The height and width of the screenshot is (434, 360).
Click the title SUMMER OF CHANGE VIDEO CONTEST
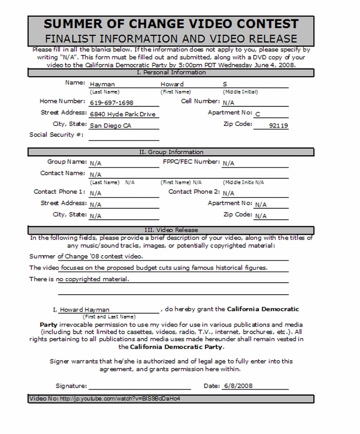pyautogui.click(x=171, y=23)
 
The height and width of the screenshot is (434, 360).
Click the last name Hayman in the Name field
pyautogui.click(x=102, y=84)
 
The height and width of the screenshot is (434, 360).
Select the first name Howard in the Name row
pyautogui.click(x=172, y=84)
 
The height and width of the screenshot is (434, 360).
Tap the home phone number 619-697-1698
pyautogui.click(x=111, y=103)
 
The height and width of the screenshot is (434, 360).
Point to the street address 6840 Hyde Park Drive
pyautogui.click(x=123, y=114)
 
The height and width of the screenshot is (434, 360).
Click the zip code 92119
pyautogui.click(x=278, y=126)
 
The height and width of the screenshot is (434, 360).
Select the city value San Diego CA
pyautogui.click(x=110, y=126)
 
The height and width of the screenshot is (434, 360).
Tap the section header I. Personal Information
pyautogui.click(x=171, y=72)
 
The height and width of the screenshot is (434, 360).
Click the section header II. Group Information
pyautogui.click(x=171, y=152)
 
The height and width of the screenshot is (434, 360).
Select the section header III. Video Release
pyautogui.click(x=171, y=230)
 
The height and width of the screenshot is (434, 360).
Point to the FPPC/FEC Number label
pyautogui.click(x=191, y=162)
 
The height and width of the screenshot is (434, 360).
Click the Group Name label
pyautogui.click(x=66, y=162)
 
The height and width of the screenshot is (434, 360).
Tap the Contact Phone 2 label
pyautogui.click(x=194, y=192)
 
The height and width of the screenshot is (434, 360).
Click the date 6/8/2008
pyautogui.click(x=239, y=386)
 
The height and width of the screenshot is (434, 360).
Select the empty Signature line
pyautogui.click(x=140, y=386)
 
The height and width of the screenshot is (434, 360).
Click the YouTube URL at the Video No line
pyautogui.click(x=120, y=399)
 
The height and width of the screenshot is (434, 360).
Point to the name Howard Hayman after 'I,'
pyautogui.click(x=84, y=310)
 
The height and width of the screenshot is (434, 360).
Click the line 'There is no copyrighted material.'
pyautogui.click(x=79, y=279)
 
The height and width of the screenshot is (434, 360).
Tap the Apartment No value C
pyautogui.click(x=258, y=114)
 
